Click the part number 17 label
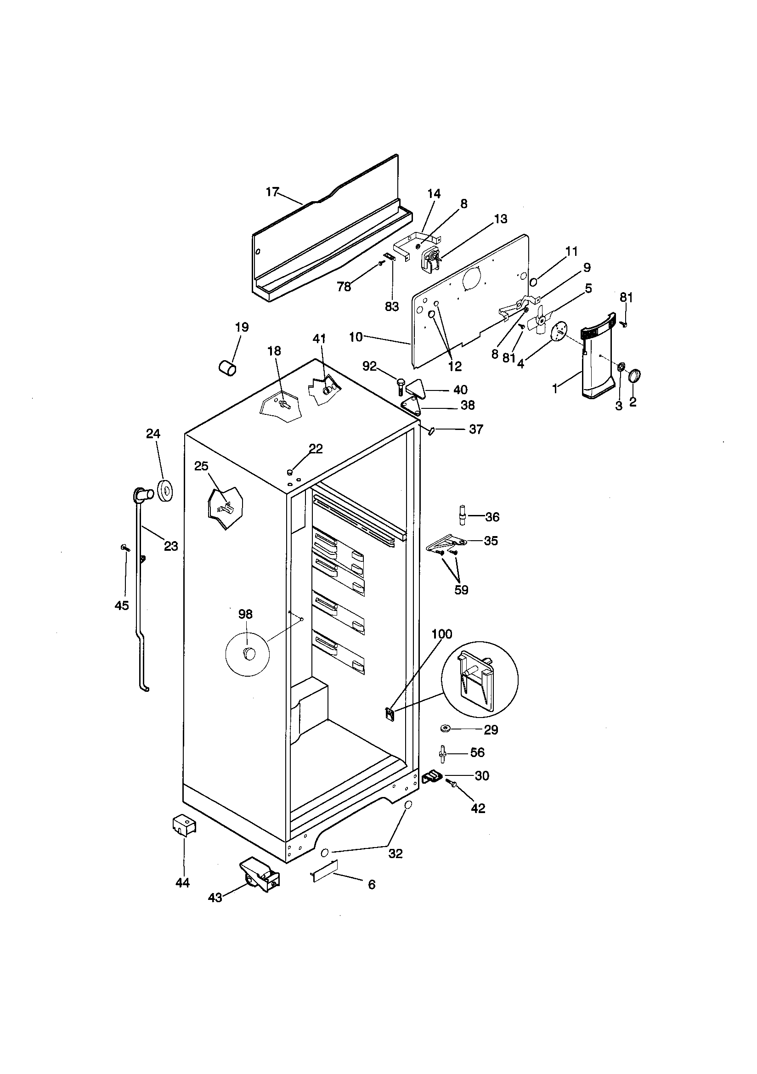(x=272, y=192)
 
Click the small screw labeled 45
(x=124, y=547)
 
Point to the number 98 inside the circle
(x=245, y=614)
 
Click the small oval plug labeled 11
(x=533, y=282)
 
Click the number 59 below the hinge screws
(x=461, y=590)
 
